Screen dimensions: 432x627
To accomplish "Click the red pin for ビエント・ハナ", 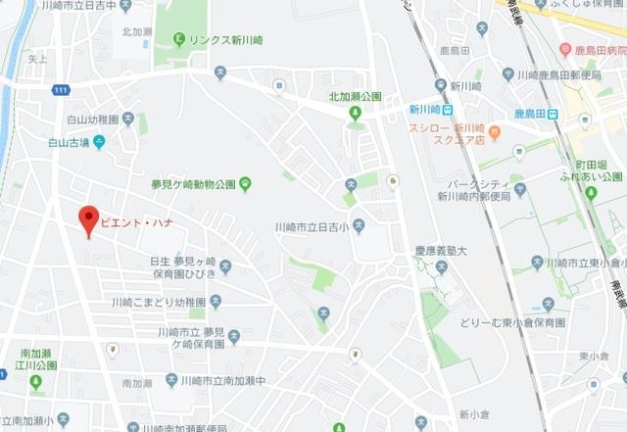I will [88, 219].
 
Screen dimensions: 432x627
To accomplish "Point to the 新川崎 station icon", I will [446, 112].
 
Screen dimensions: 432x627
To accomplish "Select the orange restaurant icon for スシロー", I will [495, 131].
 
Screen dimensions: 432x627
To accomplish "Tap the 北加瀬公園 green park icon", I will [356, 112].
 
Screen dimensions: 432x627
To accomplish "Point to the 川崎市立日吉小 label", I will [313, 227].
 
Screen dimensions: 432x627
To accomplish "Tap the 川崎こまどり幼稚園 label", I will [159, 302].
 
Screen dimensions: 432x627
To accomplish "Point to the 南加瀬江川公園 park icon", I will [36, 380].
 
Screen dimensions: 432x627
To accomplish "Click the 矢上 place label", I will [38, 59].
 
